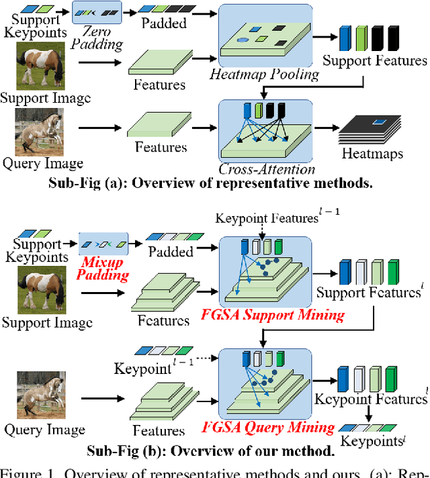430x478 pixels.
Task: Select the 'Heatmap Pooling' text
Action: pyautogui.click(x=264, y=73)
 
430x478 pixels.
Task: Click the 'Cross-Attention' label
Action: pyautogui.click(x=266, y=169)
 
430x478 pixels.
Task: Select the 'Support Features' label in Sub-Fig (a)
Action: pyautogui.click(x=374, y=61)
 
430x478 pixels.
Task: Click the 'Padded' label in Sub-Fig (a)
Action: pyautogui.click(x=165, y=23)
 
